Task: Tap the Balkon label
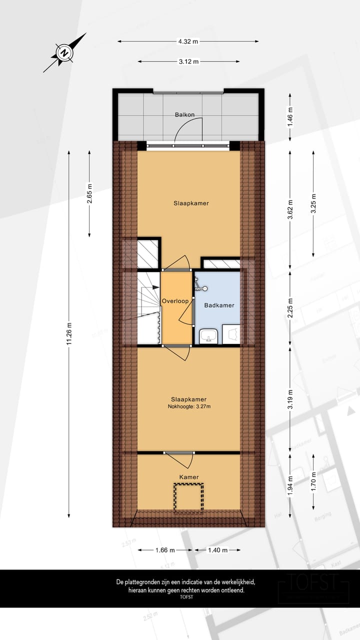184,115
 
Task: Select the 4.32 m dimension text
188,41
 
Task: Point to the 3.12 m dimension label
188,61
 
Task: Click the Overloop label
175,301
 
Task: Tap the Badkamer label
219,305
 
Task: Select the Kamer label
189,477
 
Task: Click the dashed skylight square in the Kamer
189,497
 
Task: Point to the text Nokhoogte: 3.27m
189,406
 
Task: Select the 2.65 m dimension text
89,194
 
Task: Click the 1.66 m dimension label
164,550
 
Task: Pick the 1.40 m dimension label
217,550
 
